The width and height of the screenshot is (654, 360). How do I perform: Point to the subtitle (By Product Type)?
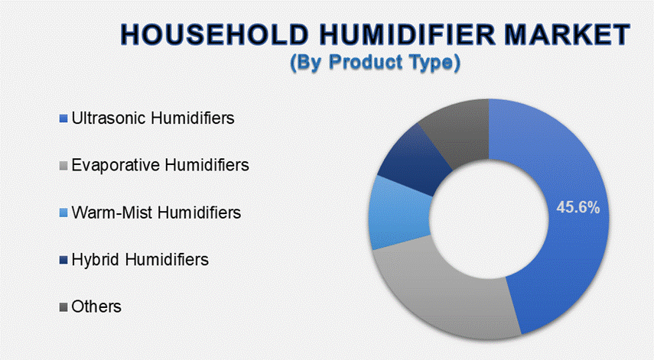click(x=376, y=63)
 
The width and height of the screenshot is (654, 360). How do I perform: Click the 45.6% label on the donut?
click(x=578, y=207)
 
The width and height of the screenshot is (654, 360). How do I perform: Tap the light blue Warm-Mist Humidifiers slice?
click(x=399, y=212)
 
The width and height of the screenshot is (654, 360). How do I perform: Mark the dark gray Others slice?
click(x=459, y=129)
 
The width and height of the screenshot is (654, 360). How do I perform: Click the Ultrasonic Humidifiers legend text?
click(x=153, y=118)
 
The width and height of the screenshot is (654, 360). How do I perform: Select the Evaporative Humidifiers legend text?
click(x=160, y=165)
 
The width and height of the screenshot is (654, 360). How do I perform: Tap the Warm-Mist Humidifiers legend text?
click(x=156, y=212)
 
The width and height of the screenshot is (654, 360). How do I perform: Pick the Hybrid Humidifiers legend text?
click(x=140, y=260)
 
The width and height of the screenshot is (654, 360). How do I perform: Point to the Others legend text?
click(x=96, y=306)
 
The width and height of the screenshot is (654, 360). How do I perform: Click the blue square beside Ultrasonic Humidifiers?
click(x=63, y=118)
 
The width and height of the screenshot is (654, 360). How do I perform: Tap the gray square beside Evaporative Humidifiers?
click(x=63, y=166)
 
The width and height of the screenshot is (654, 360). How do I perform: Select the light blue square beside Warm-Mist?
click(x=63, y=213)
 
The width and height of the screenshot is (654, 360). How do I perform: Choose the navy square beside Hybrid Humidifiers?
click(x=63, y=260)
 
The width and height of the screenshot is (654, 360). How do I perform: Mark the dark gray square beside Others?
click(x=63, y=307)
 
